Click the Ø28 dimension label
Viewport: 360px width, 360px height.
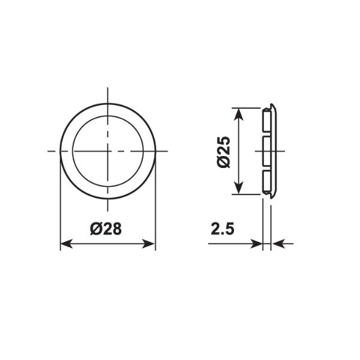[x=106, y=229]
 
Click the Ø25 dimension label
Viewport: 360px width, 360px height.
[x=223, y=152]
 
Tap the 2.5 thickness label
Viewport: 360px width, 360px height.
[x=223, y=229]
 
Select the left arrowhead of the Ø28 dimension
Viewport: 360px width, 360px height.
[x=67, y=244]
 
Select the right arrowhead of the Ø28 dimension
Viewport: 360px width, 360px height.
[x=149, y=244]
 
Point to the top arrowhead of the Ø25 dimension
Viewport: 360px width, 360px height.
[x=239, y=115]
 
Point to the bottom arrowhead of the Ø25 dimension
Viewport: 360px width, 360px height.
[x=239, y=188]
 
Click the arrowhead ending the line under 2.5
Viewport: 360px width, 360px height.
[x=257, y=244]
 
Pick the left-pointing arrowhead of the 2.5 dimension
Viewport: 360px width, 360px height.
[x=278, y=244]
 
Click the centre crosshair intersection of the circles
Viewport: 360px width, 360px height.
[x=107, y=151]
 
